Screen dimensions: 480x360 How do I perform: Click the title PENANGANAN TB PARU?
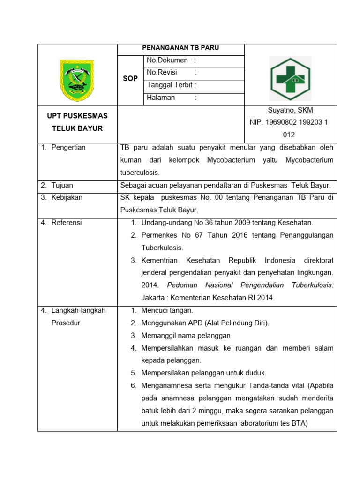[180, 48]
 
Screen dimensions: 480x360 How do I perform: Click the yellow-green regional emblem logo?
[76, 80]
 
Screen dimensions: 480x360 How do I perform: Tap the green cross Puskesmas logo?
[290, 79]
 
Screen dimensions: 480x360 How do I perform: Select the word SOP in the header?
[130, 79]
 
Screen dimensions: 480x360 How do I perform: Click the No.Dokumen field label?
[167, 60]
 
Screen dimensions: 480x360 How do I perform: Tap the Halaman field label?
[161, 97]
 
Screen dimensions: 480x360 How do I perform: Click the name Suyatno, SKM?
[290, 111]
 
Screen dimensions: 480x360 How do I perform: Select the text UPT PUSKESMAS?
[77, 116]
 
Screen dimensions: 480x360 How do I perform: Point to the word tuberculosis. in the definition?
[140, 172]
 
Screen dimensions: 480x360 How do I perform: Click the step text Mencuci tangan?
[167, 310]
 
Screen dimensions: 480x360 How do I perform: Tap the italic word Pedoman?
[180, 285]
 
